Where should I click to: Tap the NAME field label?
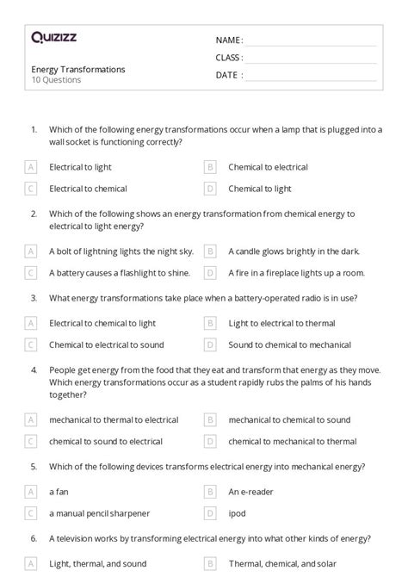229,40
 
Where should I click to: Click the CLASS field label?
229,58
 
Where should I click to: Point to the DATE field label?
228,75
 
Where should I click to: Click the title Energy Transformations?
78,69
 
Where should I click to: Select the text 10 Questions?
57,80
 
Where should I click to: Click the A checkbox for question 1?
31,167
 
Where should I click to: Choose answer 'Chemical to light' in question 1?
259,189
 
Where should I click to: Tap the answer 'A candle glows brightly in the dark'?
294,251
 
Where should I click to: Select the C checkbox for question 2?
31,273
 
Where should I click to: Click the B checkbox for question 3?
210,323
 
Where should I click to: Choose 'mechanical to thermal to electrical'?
114,420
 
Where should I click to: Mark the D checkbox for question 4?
210,442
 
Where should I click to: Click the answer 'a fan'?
59,492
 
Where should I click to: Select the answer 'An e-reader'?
249,492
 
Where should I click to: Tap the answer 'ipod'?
237,513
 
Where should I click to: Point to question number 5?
34,466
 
